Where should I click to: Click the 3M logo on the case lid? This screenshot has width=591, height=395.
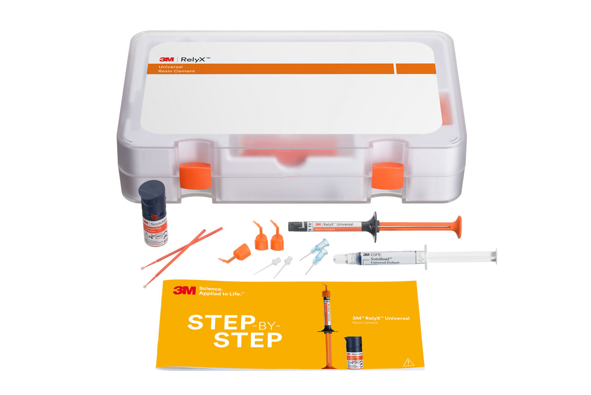coord(166,59)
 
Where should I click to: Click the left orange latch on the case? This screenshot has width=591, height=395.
coord(195,175)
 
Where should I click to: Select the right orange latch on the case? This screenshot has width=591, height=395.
coord(387,176)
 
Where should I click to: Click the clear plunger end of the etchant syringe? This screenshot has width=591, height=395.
coord(494,255)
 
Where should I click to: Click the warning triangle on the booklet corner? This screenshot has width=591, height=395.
coord(408,362)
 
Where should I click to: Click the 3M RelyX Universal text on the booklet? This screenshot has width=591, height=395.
coord(380,318)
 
